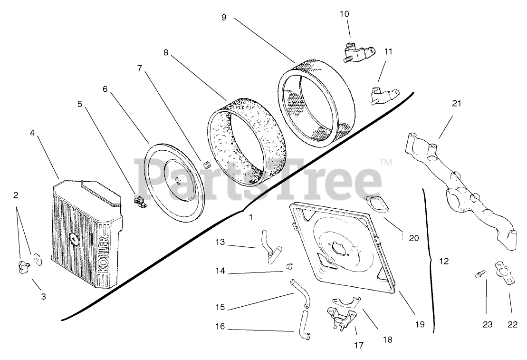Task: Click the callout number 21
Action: pyautogui.click(x=457, y=103)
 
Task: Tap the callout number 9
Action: pyautogui.click(x=224, y=17)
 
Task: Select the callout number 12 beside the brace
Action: pyautogui.click(x=443, y=261)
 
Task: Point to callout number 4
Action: pyautogui.click(x=32, y=133)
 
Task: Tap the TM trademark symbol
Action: pyautogui.click(x=386, y=163)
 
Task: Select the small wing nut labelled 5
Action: pyautogui.click(x=140, y=202)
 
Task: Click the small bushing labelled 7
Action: pyautogui.click(x=207, y=165)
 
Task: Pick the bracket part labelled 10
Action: pyautogui.click(x=356, y=50)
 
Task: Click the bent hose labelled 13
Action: pyautogui.click(x=269, y=244)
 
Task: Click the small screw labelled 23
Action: pyautogui.click(x=480, y=274)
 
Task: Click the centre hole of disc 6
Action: pyautogui.click(x=176, y=180)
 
